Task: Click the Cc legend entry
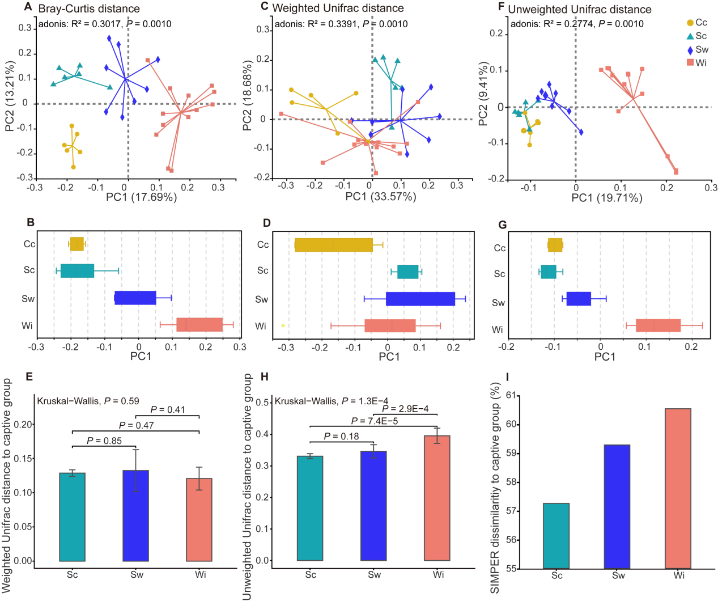[696, 23]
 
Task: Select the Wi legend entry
[696, 63]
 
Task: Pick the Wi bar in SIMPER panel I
[678, 488]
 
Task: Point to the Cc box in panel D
[334, 245]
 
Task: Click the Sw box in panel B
[135, 298]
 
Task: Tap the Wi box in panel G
[658, 325]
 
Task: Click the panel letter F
[500, 7]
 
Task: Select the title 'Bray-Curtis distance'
[89, 9]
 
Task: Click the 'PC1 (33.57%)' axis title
[381, 197]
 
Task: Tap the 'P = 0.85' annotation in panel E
[104, 441]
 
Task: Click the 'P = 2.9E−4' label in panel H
[405, 409]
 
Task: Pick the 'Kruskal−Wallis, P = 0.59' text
[88, 401]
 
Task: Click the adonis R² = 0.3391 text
[341, 24]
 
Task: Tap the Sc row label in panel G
[499, 274]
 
